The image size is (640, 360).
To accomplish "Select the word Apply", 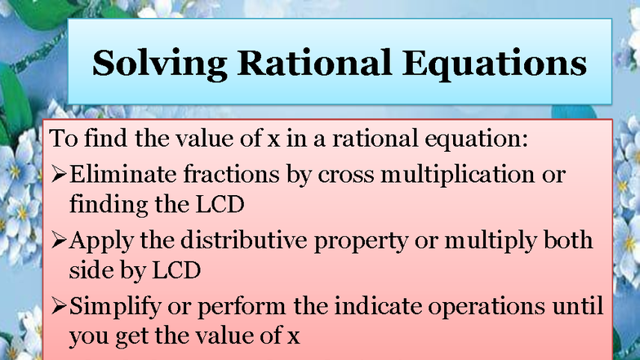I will (100, 241).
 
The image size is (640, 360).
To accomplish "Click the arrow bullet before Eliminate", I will (59, 175).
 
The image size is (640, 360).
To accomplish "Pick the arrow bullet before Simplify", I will (59, 308).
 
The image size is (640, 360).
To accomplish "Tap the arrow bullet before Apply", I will (59, 241).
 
